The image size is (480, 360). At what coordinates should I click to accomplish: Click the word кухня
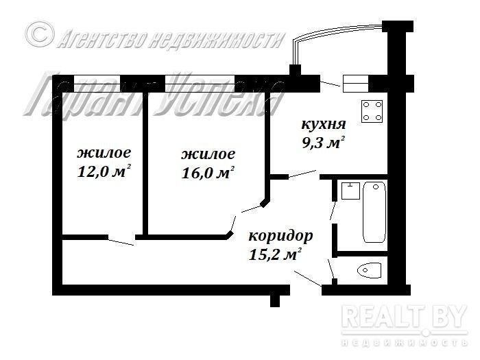[324, 125]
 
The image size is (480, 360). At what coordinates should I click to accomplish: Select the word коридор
[280, 237]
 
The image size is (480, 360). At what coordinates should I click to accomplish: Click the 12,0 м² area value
[104, 171]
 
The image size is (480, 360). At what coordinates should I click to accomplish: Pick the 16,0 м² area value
[208, 173]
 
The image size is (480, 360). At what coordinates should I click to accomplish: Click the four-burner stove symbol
[372, 111]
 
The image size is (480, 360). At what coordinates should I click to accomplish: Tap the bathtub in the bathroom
[374, 212]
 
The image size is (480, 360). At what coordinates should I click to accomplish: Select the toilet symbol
[369, 270]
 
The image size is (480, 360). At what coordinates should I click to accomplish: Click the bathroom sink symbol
[350, 191]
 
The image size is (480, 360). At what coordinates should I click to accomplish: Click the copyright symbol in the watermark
[39, 34]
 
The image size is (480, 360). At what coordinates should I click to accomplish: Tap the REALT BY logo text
[405, 317]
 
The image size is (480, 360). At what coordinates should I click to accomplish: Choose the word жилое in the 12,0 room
[104, 153]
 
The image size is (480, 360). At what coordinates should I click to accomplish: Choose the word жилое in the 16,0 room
[208, 154]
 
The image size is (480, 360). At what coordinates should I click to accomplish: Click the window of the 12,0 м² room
[97, 84]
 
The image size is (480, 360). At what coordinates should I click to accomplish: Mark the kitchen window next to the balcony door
[355, 84]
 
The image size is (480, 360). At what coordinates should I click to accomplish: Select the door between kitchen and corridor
[302, 174]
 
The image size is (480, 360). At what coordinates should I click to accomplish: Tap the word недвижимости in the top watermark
[215, 40]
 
